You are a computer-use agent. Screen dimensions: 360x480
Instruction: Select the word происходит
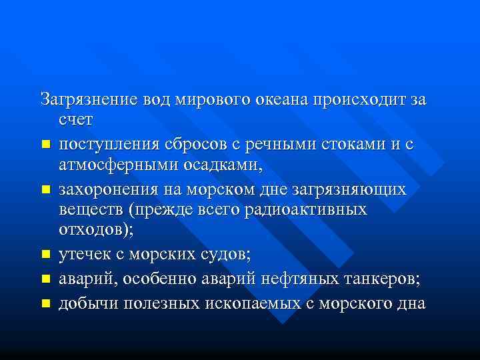pos(363,99)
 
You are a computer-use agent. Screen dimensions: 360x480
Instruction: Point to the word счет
pos(77,120)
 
